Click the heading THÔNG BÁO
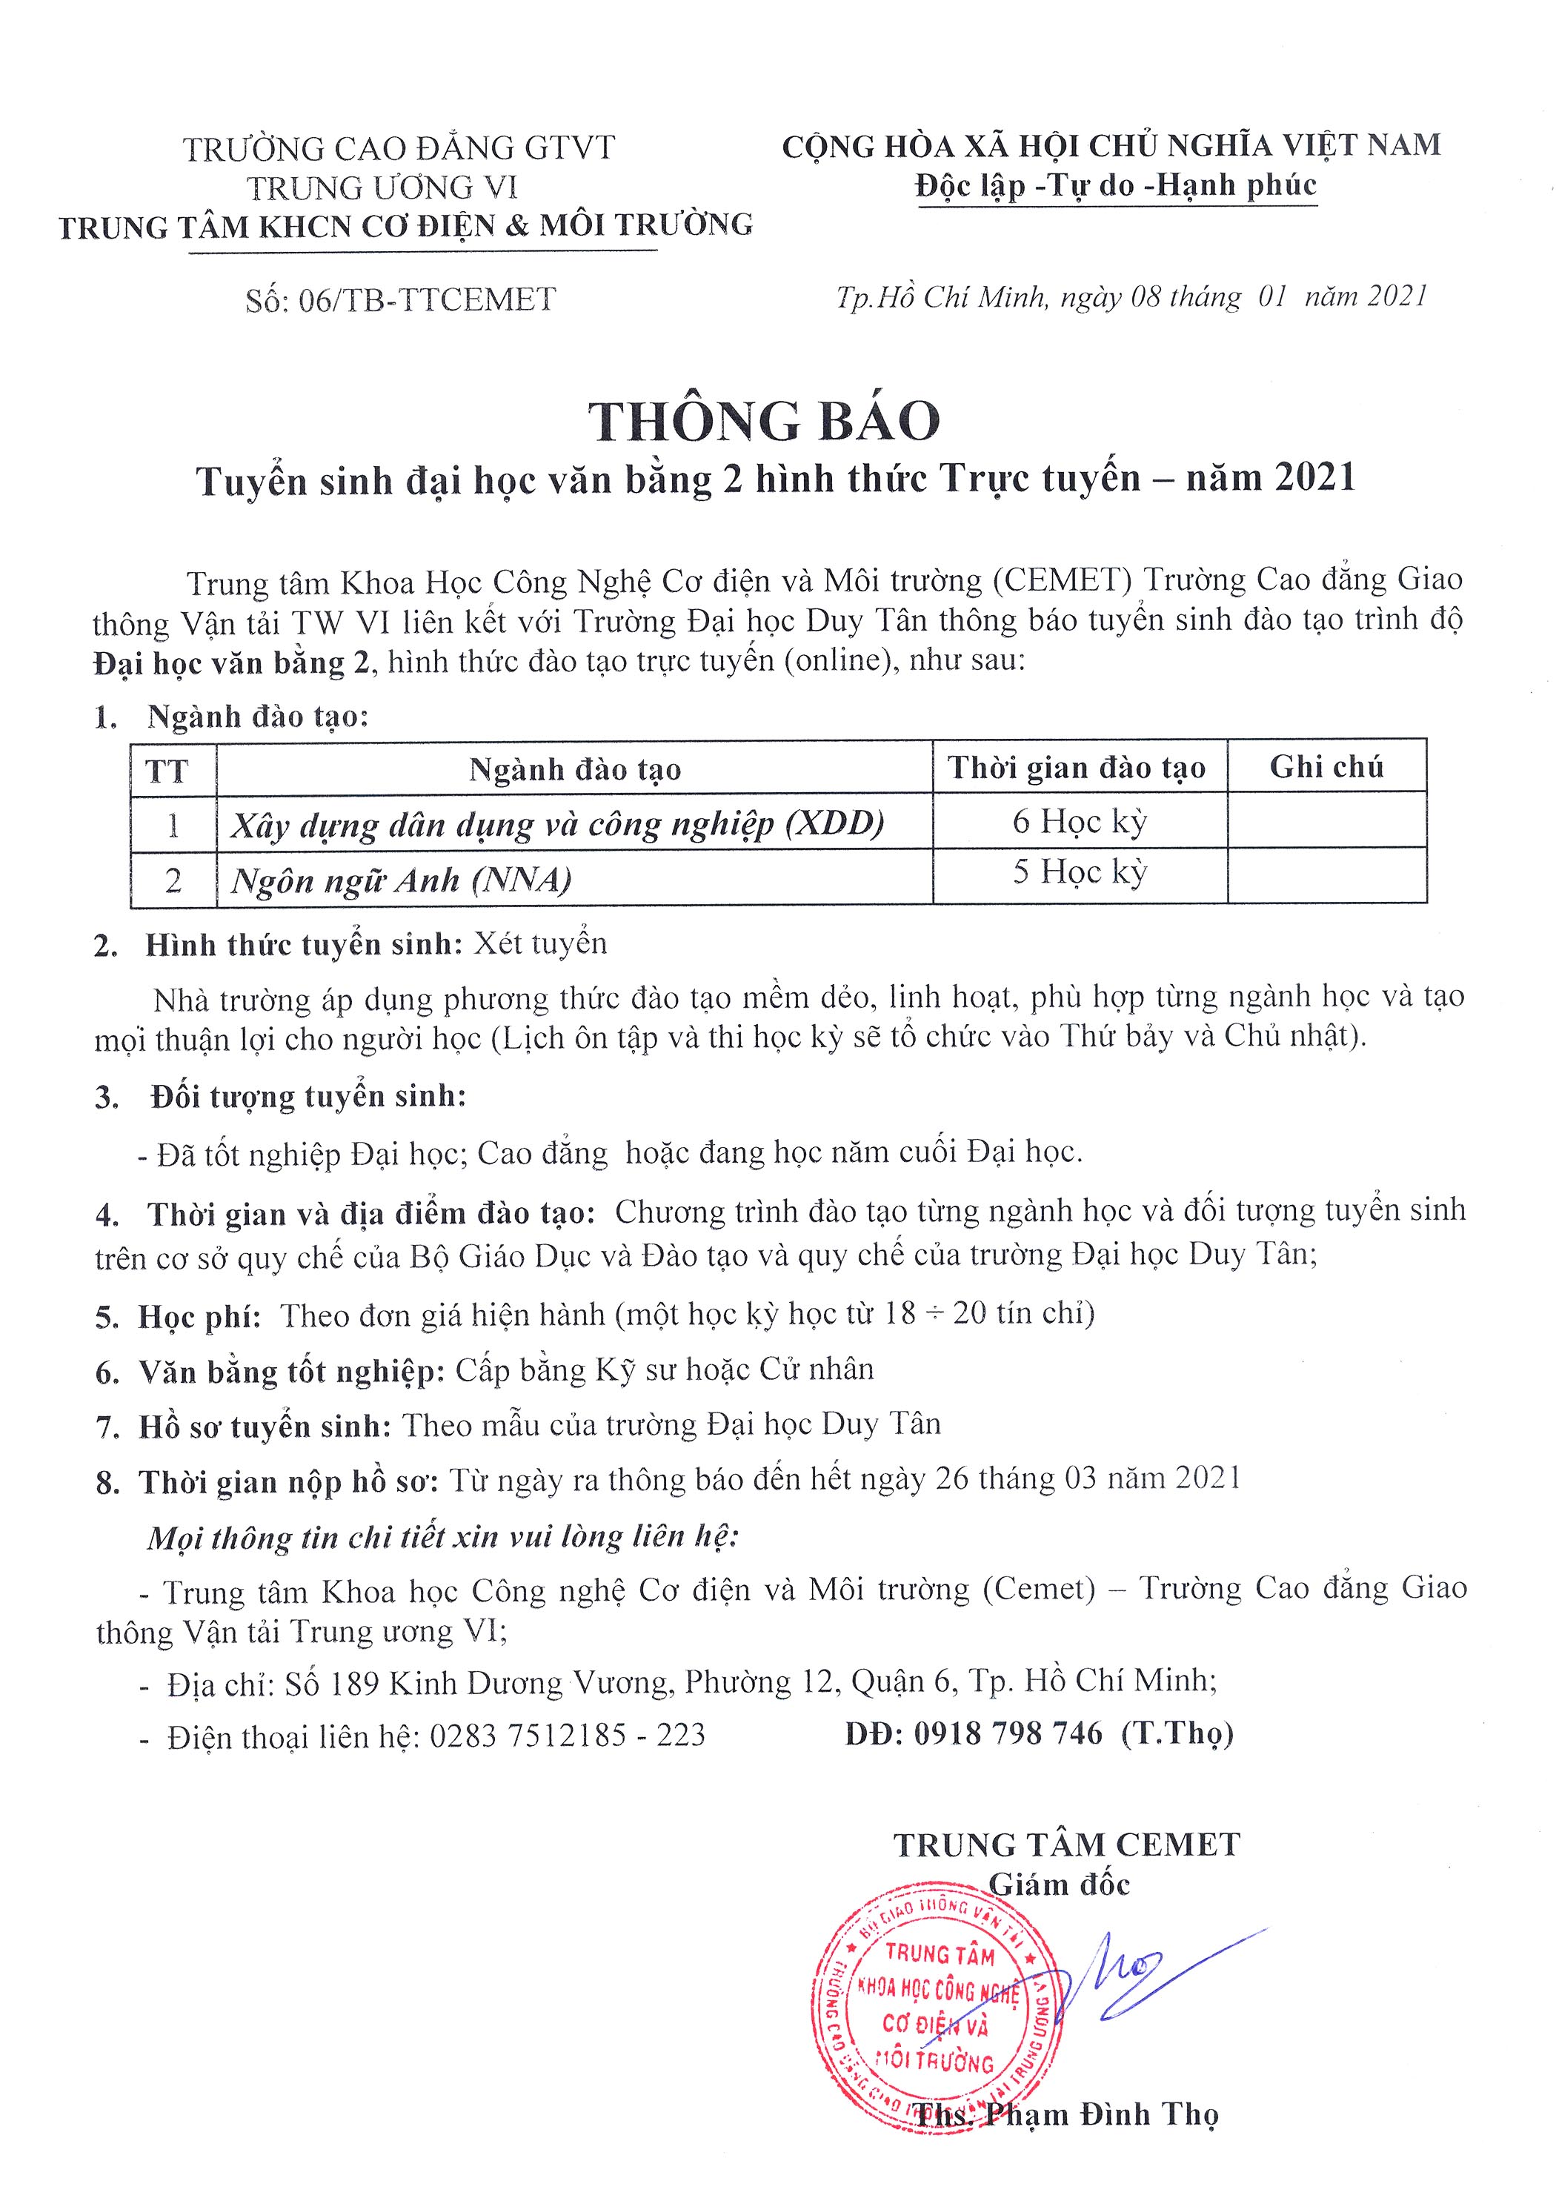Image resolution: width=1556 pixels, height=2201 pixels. (764, 422)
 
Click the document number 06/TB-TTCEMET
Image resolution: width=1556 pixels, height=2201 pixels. (427, 300)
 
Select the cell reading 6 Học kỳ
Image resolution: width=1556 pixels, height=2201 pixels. (1080, 822)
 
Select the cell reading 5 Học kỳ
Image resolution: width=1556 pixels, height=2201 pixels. (1080, 872)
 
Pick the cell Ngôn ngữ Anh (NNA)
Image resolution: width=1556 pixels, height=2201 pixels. (402, 880)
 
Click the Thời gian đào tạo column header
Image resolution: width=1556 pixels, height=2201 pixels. (1077, 768)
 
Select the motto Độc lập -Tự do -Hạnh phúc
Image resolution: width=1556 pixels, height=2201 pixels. (1116, 185)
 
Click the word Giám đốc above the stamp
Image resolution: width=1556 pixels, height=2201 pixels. (1060, 1885)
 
